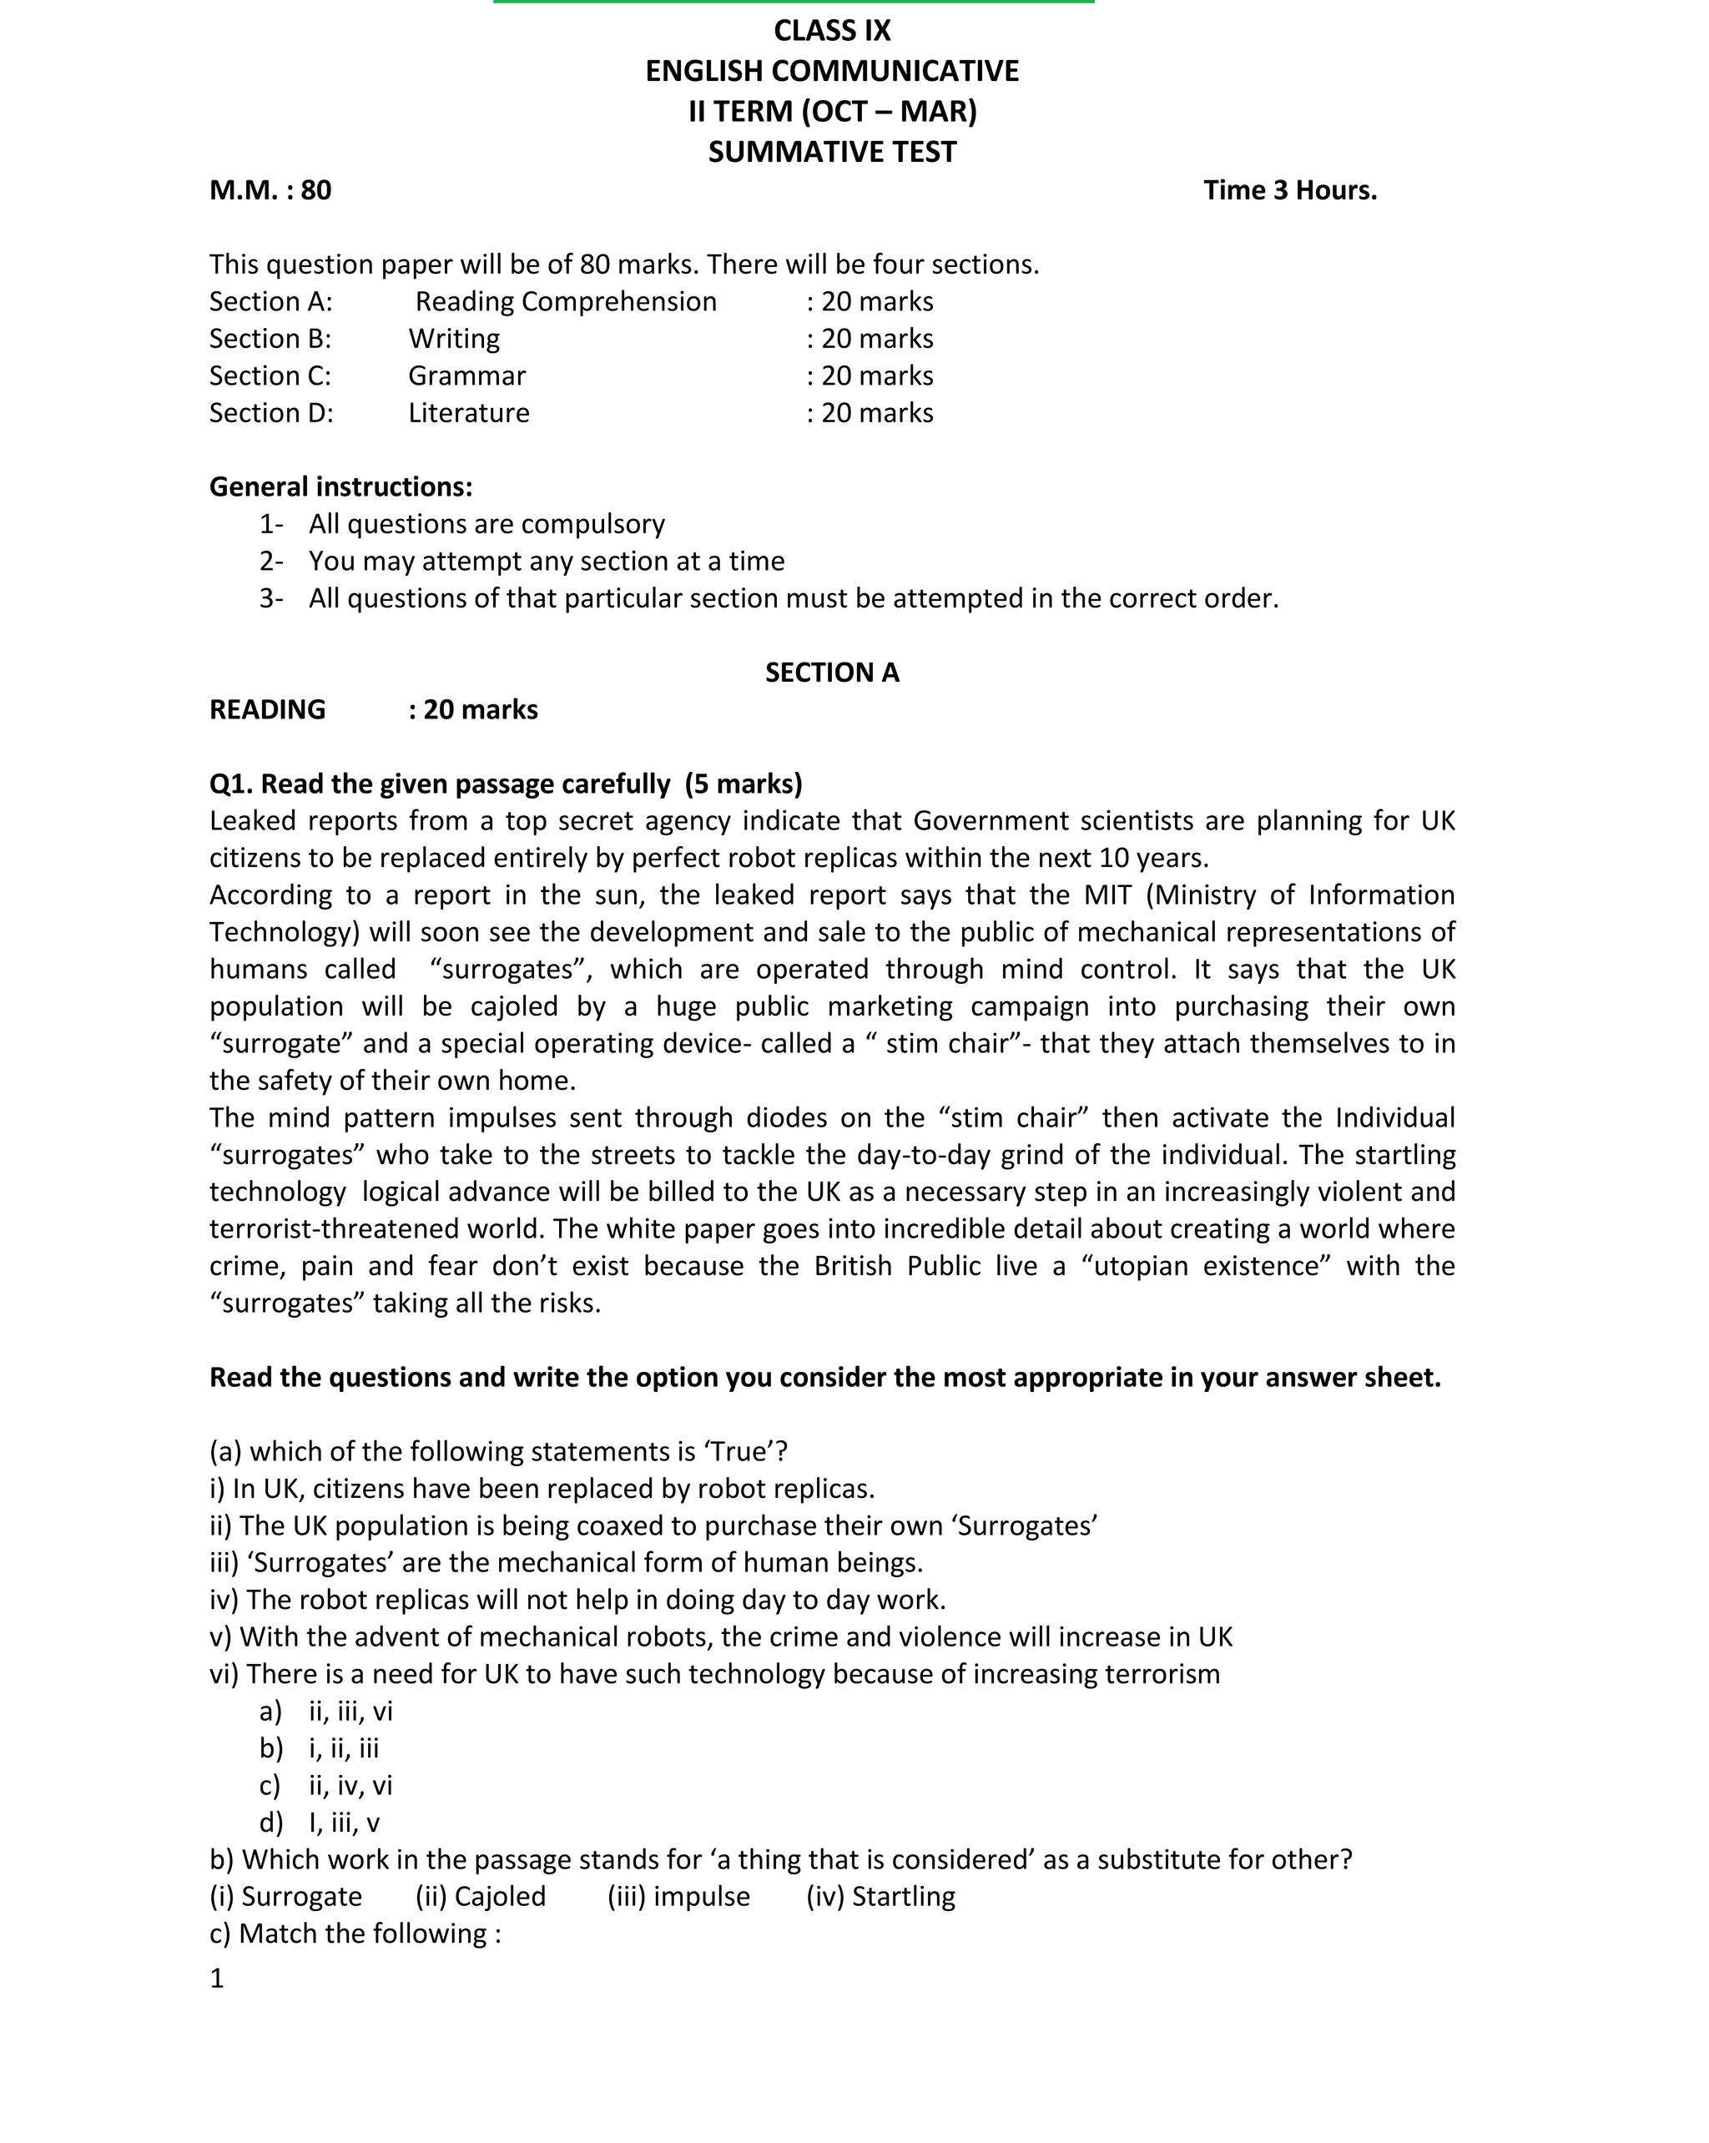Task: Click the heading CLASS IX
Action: [x=831, y=31]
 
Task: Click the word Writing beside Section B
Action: [x=453, y=339]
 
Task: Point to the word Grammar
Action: [x=466, y=376]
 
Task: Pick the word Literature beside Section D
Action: [x=468, y=412]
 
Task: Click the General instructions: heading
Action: [x=340, y=487]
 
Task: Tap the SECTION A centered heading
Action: [x=831, y=673]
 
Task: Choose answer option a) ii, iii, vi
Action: [x=326, y=1712]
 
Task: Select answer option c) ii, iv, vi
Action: [x=326, y=1786]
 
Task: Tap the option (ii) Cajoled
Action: [x=480, y=1898]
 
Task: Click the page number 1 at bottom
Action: [x=217, y=1979]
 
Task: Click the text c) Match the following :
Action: [x=355, y=1934]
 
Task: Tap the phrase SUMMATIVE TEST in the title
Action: [x=831, y=152]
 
